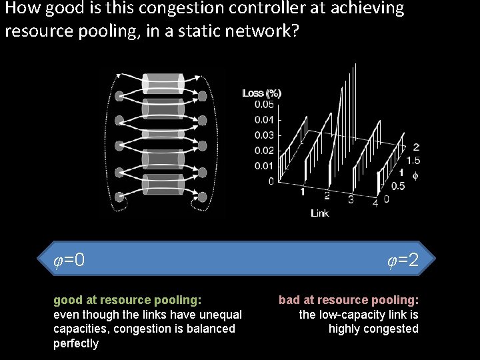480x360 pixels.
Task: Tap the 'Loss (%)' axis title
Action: click(261, 93)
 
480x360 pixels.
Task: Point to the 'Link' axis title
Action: click(320, 213)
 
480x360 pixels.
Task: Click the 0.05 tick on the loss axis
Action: click(263, 104)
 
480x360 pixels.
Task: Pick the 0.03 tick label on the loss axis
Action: click(263, 135)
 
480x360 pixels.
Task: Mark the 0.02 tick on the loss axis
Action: click(263, 151)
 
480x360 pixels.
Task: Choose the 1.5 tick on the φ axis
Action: click(413, 161)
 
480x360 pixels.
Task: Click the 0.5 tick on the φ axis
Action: click(398, 186)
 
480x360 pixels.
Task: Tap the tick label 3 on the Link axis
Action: click(351, 199)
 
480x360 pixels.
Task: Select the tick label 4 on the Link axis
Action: click(376, 201)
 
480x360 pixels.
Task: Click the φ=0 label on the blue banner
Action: click(69, 259)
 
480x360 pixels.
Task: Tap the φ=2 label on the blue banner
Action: click(403, 259)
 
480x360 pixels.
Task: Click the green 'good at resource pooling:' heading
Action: click(127, 300)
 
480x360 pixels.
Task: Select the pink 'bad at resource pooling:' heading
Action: click(349, 300)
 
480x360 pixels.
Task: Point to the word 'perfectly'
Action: click(76, 344)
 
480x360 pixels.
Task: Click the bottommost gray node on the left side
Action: click(120, 197)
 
